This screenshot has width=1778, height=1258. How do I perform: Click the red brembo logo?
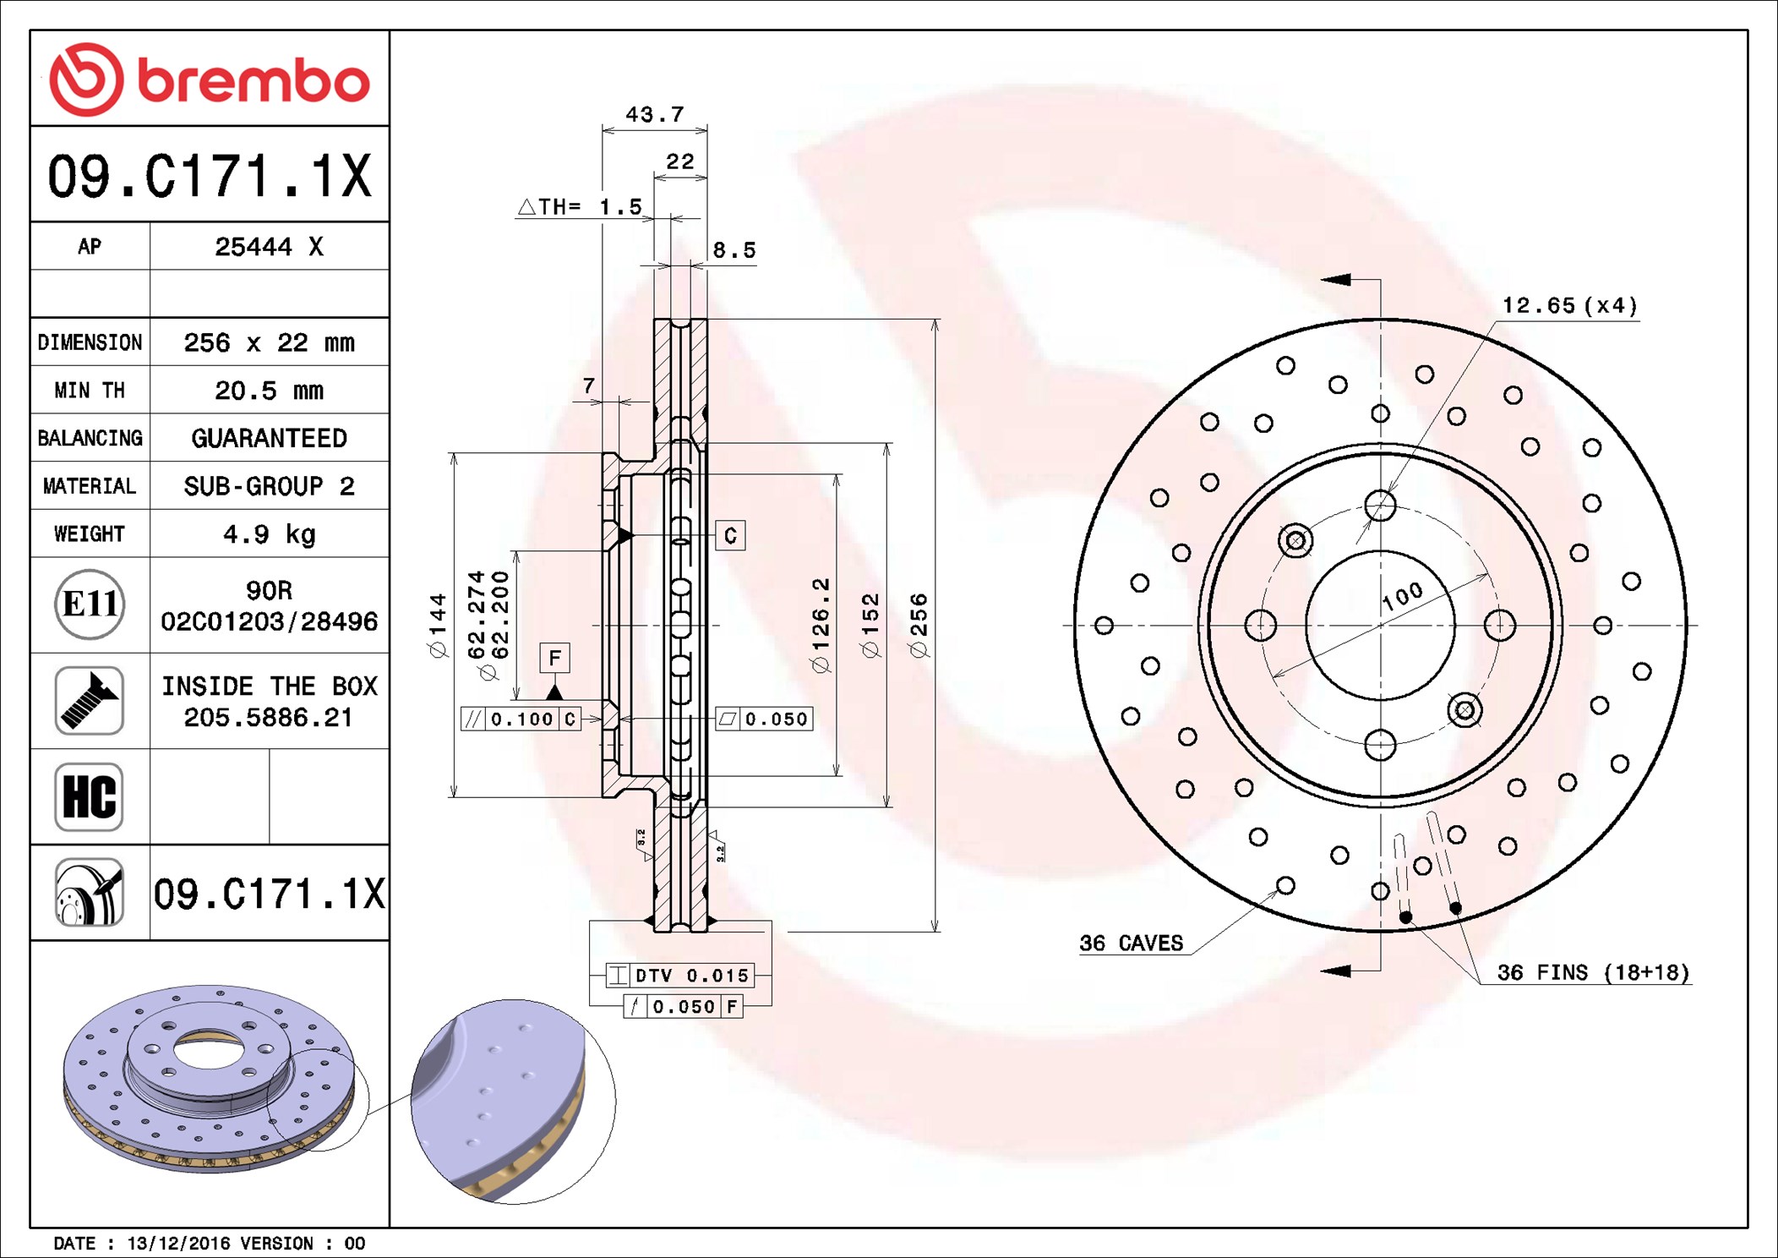[209, 79]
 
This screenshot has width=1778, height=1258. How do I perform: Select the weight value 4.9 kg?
[269, 534]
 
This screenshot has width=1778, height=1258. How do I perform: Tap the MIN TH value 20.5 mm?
[269, 391]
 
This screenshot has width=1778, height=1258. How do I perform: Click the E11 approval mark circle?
[90, 604]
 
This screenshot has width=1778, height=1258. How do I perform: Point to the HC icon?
[89, 796]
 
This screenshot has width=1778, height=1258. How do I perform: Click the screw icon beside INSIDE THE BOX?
[89, 700]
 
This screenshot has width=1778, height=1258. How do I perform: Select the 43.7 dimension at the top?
[655, 114]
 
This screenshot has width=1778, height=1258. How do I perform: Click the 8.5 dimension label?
[734, 250]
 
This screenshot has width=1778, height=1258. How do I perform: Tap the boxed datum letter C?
[730, 535]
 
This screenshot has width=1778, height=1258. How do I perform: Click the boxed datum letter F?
[554, 658]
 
